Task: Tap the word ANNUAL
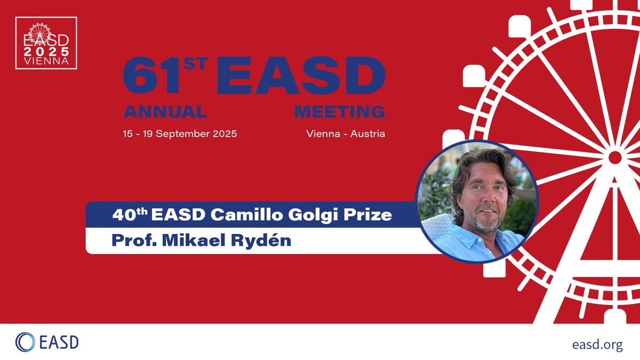point(165,112)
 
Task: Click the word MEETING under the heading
point(339,112)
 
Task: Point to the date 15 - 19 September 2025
point(180,133)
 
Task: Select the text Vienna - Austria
point(346,133)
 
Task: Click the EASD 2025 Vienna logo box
point(46,43)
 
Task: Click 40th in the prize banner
point(130,215)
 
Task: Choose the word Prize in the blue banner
point(373,215)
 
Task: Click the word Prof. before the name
point(133,240)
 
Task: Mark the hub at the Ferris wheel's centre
point(615,157)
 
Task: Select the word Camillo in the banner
point(265,215)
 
